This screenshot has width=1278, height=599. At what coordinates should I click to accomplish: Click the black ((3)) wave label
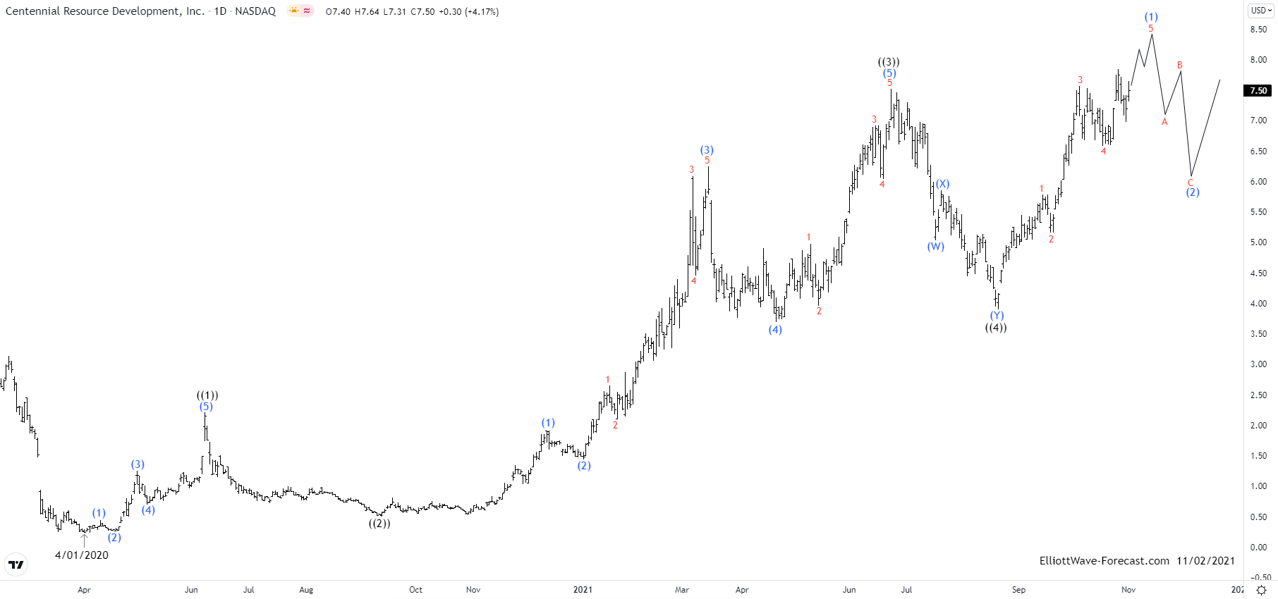coord(889,62)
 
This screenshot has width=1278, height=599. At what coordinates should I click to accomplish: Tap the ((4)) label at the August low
coord(996,328)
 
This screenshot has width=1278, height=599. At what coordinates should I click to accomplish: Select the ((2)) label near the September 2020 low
coord(379,524)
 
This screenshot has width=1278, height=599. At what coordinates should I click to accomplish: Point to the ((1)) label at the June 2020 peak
coord(207,395)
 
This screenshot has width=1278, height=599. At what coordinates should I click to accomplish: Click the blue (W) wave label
coord(935,247)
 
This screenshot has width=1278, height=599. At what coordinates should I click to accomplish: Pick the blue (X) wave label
coord(942,184)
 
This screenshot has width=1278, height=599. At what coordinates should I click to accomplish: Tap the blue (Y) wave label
coord(997,316)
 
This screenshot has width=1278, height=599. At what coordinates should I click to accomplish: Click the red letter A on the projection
coord(1164,122)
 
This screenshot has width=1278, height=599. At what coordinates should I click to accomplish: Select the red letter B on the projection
coord(1179,66)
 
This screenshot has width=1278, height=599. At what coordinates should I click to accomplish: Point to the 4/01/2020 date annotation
coord(82,555)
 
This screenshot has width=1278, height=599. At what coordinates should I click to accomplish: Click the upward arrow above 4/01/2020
coord(85,540)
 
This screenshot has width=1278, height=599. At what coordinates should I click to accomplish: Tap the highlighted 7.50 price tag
coord(1258,90)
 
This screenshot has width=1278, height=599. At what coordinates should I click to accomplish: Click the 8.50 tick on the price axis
coord(1258,30)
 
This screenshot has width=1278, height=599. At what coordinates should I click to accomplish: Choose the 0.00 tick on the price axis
coord(1258,548)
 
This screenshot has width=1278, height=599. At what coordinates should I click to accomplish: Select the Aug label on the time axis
coord(306,590)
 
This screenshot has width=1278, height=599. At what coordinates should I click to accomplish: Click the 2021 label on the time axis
coord(583,590)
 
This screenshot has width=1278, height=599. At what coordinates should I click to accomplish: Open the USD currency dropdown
coord(1261,11)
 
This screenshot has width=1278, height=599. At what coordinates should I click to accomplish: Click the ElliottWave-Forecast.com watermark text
coord(1104,561)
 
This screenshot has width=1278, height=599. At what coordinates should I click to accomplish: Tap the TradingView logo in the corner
coord(16,564)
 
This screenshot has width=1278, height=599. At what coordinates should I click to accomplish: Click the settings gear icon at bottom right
coord(1261,590)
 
